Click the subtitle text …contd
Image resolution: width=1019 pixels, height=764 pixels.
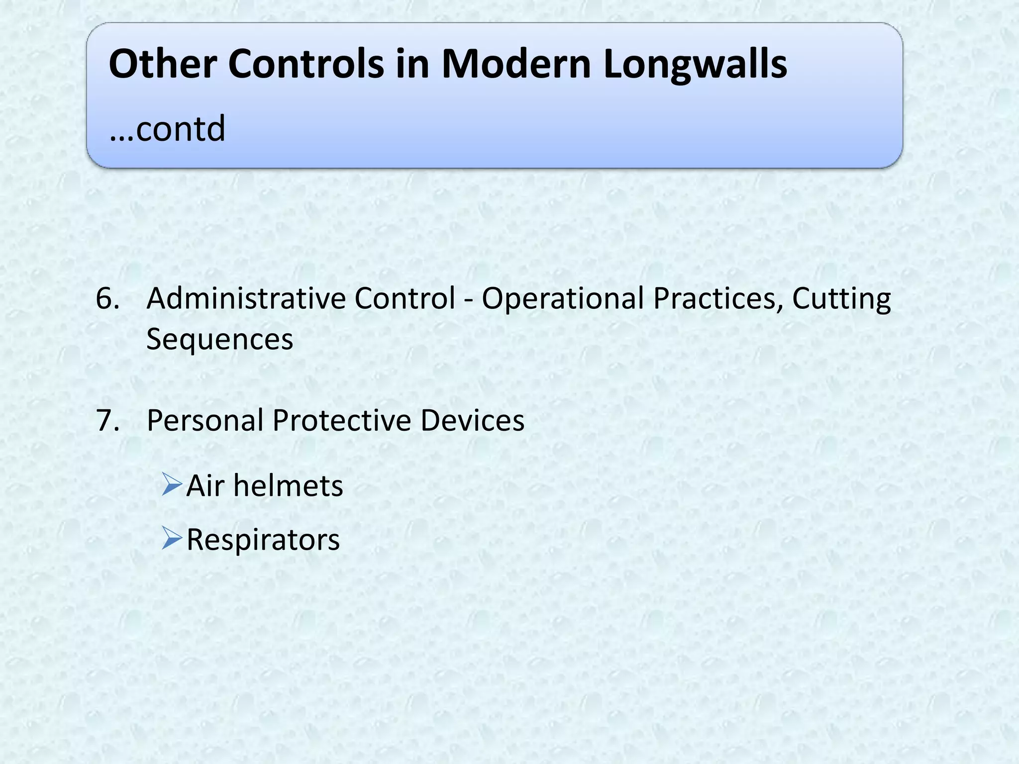point(167,128)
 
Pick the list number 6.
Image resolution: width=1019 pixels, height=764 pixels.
point(107,298)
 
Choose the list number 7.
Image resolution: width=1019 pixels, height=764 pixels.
point(107,420)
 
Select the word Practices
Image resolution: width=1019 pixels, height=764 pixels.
point(717,298)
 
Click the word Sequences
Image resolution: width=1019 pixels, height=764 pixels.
point(219,339)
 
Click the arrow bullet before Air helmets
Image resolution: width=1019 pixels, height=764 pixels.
point(172,484)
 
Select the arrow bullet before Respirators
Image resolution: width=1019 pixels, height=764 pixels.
point(172,539)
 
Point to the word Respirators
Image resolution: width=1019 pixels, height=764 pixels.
point(263,540)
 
